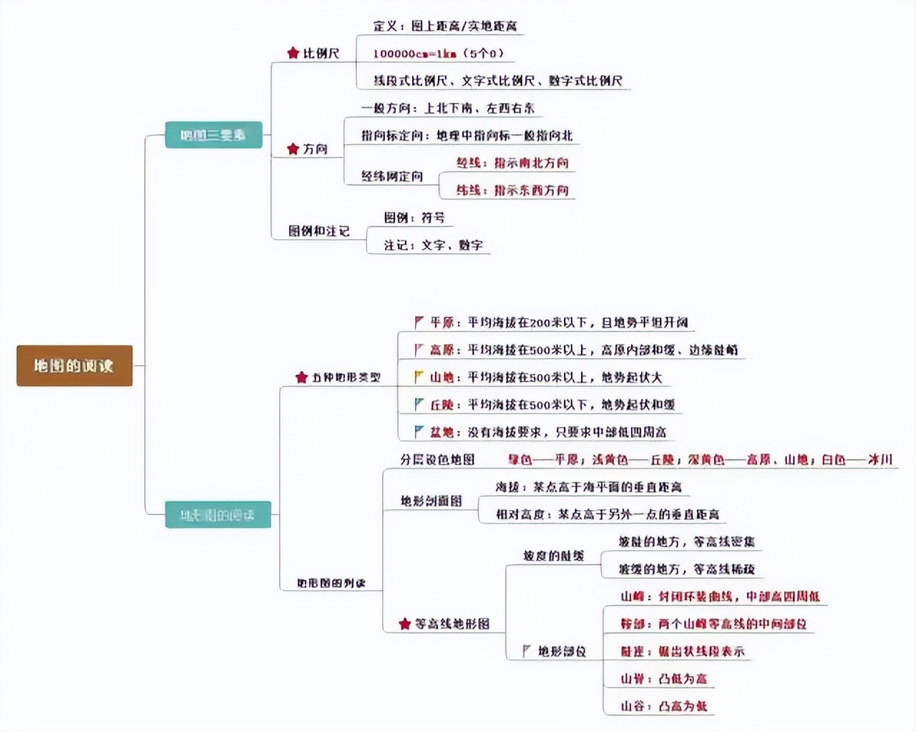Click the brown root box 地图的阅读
click(74, 366)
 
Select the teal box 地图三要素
click(213, 135)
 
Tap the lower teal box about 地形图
click(218, 515)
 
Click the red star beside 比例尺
click(293, 53)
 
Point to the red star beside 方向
click(293, 149)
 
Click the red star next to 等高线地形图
click(405, 624)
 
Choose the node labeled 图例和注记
click(318, 231)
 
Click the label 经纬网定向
click(391, 176)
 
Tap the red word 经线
click(469, 163)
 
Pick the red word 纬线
click(469, 191)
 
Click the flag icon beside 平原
click(419, 322)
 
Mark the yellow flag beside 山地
click(419, 377)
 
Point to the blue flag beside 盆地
click(419, 432)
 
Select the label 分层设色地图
click(437, 460)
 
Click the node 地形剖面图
click(431, 501)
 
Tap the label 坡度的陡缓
click(553, 556)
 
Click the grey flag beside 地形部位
click(527, 650)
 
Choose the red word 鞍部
click(633, 624)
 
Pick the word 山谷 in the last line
click(633, 706)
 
